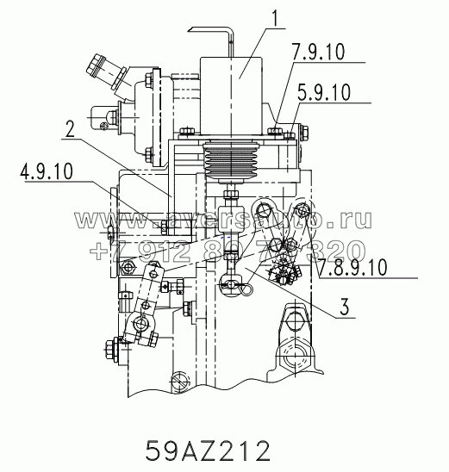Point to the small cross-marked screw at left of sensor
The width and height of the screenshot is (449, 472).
coord(105,126)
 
